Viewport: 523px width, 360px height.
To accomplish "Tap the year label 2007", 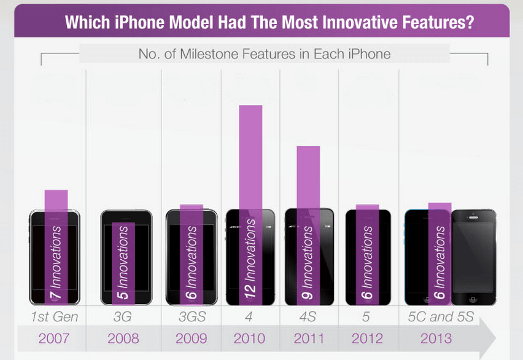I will [x=54, y=338].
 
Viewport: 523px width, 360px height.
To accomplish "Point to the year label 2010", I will [x=250, y=338].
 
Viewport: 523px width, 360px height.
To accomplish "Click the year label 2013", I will [x=436, y=338].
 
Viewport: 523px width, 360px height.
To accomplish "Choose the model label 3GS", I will [x=191, y=318].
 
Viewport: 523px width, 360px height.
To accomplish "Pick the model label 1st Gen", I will [x=54, y=318].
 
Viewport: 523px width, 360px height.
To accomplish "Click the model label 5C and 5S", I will [x=441, y=318].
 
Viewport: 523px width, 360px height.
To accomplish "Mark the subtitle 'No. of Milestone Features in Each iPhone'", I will [x=264, y=54].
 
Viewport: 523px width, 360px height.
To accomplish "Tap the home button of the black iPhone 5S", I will [x=473, y=299].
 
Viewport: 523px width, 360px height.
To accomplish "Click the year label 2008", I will [x=123, y=338].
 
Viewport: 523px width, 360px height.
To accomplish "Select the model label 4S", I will [x=309, y=318].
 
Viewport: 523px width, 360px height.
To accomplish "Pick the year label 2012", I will [x=368, y=338].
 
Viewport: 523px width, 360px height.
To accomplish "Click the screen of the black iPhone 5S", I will [x=473, y=255].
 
